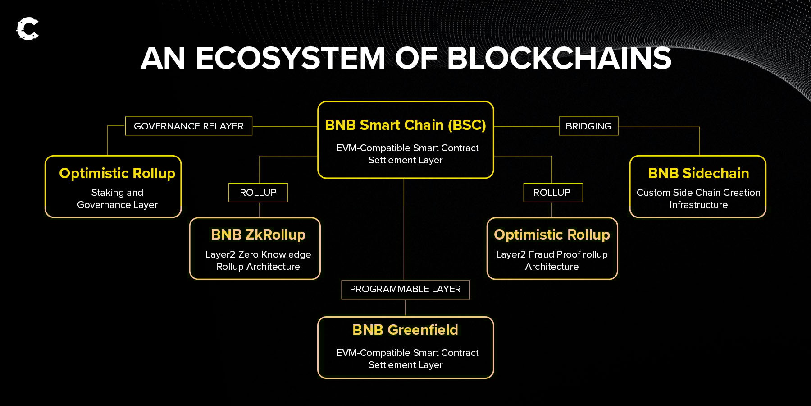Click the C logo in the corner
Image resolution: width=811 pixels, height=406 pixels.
27,29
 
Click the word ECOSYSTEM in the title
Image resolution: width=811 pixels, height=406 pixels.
291,58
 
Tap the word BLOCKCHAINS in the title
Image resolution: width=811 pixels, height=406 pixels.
559,58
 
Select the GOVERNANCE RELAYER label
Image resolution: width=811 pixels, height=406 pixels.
189,126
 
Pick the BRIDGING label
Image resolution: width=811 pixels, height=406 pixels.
588,126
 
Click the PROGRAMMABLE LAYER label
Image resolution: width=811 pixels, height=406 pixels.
405,289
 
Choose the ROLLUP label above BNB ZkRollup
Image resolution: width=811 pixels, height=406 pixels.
258,193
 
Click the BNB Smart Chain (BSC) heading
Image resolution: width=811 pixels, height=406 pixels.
405,125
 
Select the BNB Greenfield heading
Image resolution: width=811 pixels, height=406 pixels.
405,330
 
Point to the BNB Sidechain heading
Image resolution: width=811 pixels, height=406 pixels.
698,173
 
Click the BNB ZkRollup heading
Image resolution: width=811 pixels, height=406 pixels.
258,235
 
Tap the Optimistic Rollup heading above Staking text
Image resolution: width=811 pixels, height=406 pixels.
117,174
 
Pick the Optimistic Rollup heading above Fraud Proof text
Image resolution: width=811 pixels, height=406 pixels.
552,235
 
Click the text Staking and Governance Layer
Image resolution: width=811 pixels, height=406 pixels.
117,198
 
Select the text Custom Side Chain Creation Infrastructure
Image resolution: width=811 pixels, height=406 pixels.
698,198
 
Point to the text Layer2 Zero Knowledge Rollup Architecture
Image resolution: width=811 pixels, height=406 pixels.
258,260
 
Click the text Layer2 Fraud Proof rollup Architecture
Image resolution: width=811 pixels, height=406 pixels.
552,260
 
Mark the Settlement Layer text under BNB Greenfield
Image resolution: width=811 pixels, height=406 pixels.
405,365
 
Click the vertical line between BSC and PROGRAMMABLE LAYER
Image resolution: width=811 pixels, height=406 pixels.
404,229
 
